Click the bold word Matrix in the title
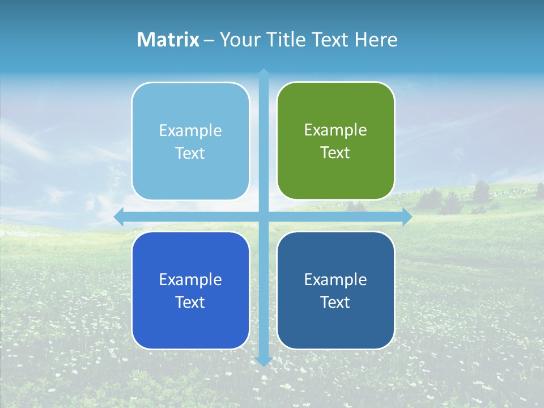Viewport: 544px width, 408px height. click(x=168, y=40)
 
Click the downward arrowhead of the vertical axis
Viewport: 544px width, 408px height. click(x=263, y=361)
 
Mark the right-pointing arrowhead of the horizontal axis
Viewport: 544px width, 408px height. click(x=407, y=216)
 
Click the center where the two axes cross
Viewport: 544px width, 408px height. click(x=263, y=216)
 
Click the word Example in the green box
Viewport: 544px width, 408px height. click(x=335, y=130)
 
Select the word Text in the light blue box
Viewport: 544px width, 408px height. click(x=190, y=154)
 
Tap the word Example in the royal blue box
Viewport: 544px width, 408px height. click(x=190, y=279)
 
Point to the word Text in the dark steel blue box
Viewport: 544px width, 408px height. click(x=335, y=302)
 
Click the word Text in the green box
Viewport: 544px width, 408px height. click(x=335, y=153)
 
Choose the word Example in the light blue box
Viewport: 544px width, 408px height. click(x=190, y=131)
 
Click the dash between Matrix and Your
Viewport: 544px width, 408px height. click(x=209, y=40)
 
